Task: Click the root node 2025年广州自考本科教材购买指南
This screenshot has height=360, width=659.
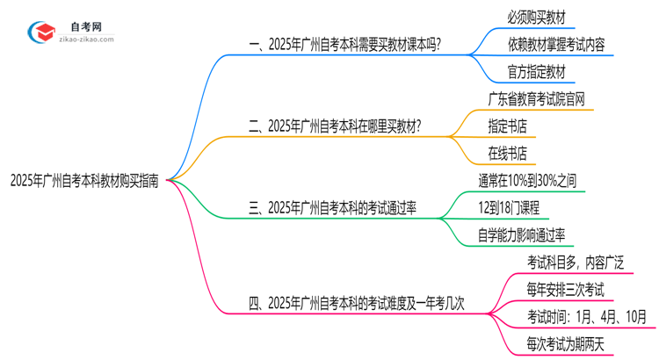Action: [84, 182]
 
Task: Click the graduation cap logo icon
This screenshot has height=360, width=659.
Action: [41, 32]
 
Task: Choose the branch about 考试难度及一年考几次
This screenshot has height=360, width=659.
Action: [356, 304]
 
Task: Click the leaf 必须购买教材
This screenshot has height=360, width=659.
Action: [537, 15]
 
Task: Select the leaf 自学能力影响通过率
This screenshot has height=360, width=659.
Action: [521, 234]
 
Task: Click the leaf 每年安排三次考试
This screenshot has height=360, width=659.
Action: [565, 290]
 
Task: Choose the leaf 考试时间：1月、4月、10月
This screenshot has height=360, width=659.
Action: [586, 317]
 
